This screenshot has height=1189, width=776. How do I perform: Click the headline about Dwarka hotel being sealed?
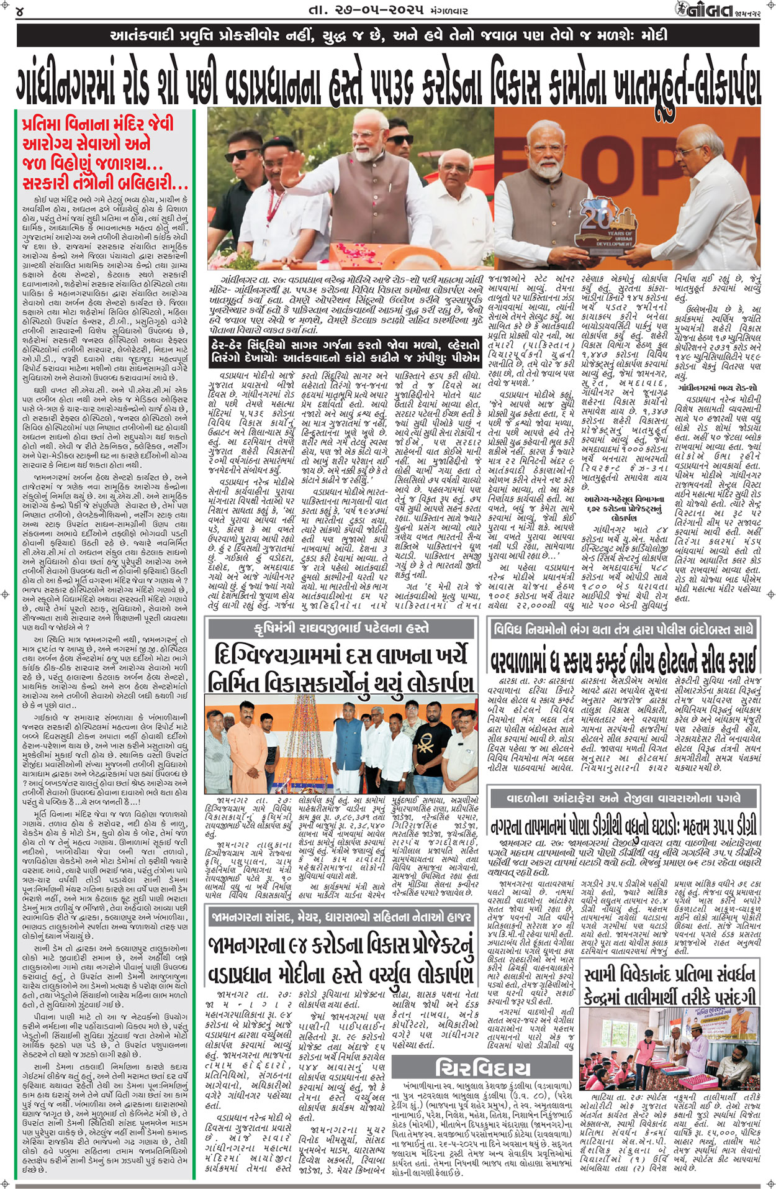point(623,658)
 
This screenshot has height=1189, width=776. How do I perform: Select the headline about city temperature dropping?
point(623,826)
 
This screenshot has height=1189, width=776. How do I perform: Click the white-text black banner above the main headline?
point(388,35)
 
